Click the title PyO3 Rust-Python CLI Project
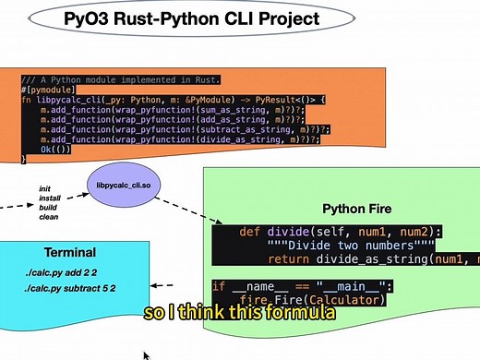[x=192, y=18]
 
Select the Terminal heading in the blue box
[x=70, y=253]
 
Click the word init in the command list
[x=44, y=188]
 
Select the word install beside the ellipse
[x=50, y=198]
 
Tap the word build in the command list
[x=48, y=208]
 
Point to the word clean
[x=48, y=217]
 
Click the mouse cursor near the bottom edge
[x=146, y=354]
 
